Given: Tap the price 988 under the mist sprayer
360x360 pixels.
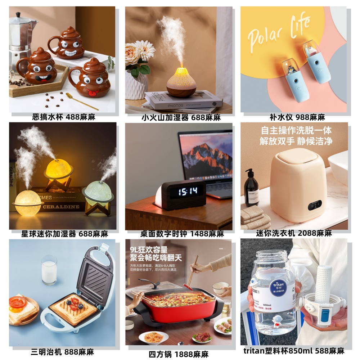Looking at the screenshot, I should coord(303,117).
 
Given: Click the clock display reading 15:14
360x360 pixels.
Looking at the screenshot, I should coord(188,191).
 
